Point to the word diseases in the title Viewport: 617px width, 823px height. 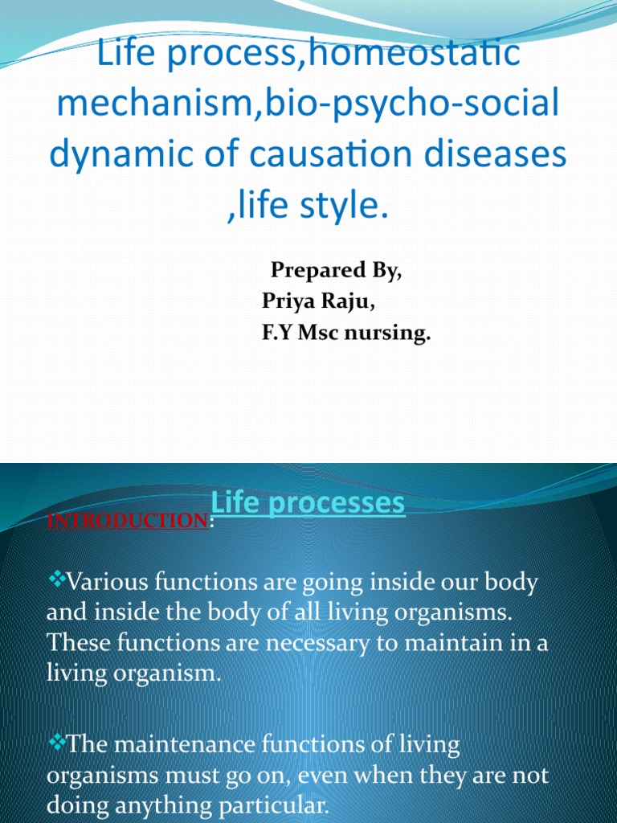(495, 154)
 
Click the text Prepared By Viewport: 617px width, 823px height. (337, 270)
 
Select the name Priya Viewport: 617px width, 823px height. (288, 301)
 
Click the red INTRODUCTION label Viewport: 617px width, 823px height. (128, 521)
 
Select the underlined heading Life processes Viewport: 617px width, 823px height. (308, 503)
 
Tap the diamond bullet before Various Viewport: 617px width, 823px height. (57, 579)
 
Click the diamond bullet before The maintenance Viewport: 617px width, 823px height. (57, 742)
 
